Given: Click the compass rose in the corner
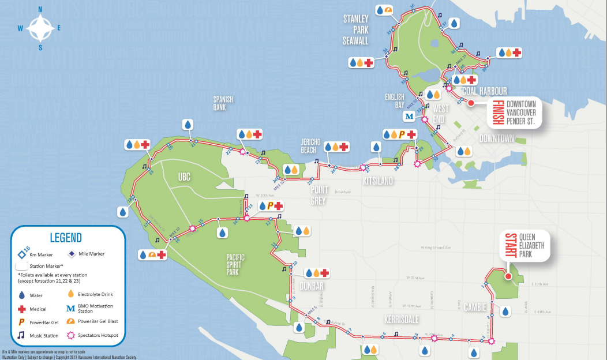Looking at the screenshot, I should tap(40, 27).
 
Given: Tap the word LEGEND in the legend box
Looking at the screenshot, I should tap(66, 238).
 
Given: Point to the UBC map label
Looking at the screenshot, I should tap(184, 177).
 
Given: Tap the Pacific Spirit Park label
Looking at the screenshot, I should tap(241, 264).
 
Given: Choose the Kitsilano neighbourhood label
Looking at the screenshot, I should tap(378, 181).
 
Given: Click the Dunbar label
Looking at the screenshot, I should tap(311, 286).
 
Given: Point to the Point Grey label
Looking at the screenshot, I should tap(319, 195).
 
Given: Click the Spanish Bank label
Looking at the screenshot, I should tap(223, 103).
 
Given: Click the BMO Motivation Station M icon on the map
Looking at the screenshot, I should tap(409, 116).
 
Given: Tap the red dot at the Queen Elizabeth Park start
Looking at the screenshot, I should tap(508, 276).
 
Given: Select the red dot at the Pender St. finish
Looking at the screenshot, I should tap(471, 103).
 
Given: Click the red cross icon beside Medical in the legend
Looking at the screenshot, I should tap(22, 309).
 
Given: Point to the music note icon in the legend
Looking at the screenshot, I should tap(22, 335).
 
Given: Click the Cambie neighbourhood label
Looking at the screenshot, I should tap(475, 307).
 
